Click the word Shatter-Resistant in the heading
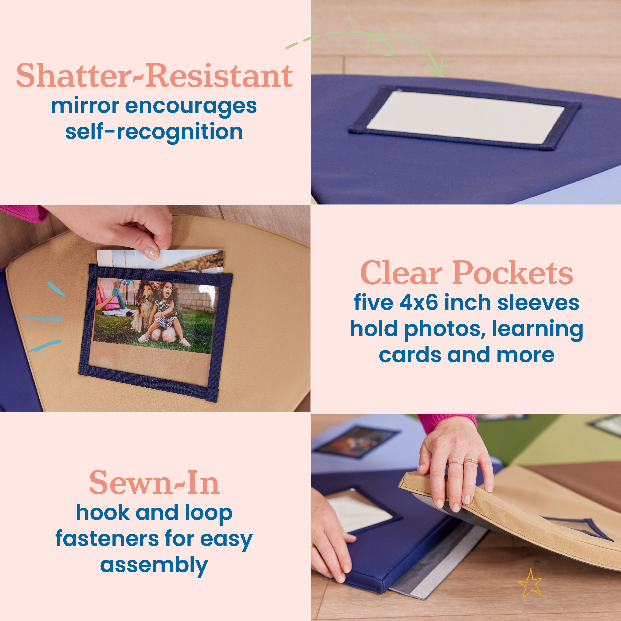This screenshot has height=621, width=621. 154,76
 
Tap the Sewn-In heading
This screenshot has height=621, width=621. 154,483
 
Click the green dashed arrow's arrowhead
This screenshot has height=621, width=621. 438,69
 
